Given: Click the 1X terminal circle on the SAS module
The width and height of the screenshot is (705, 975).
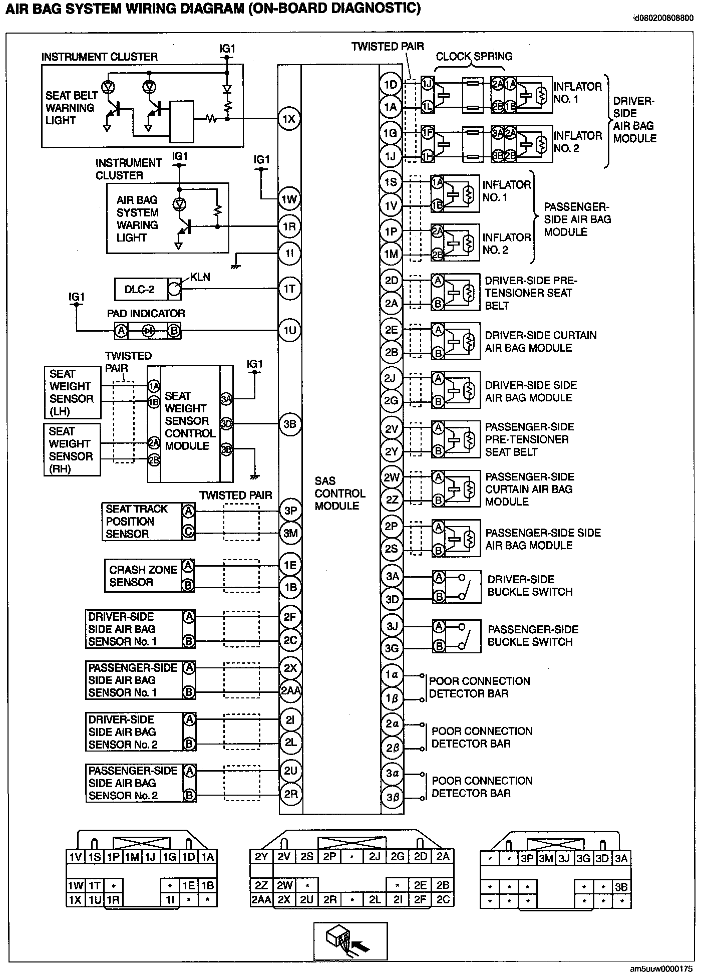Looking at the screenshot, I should click(x=289, y=119).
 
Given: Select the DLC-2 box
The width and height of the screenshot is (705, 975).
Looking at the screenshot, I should click(x=140, y=289).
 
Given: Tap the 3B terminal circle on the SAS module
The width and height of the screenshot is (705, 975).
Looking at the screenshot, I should click(x=290, y=424).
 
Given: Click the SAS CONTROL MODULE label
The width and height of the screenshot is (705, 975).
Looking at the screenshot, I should click(x=339, y=493).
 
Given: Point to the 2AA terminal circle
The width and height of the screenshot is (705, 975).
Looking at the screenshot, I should click(x=290, y=691).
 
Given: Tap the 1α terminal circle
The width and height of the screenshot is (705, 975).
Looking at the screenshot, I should click(x=392, y=675).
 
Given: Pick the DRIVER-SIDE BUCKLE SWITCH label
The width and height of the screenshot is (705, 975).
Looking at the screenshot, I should click(x=530, y=586).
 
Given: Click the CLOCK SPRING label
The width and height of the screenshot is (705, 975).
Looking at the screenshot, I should click(x=474, y=57).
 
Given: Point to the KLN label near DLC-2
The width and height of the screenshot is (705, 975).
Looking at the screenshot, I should click(x=200, y=277).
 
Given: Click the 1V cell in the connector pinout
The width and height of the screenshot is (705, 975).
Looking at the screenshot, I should click(x=75, y=857).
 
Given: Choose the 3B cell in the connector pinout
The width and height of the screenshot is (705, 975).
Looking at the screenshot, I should click(x=621, y=887).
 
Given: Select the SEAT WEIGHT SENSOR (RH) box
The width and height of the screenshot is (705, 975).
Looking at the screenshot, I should click(x=72, y=450).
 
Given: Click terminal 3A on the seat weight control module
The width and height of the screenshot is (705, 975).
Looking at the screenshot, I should click(x=226, y=399).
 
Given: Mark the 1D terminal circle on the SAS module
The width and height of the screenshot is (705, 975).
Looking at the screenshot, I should click(x=391, y=84).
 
